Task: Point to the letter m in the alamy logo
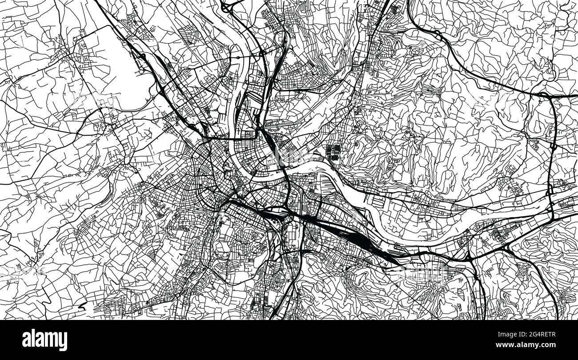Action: tap(50, 340)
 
